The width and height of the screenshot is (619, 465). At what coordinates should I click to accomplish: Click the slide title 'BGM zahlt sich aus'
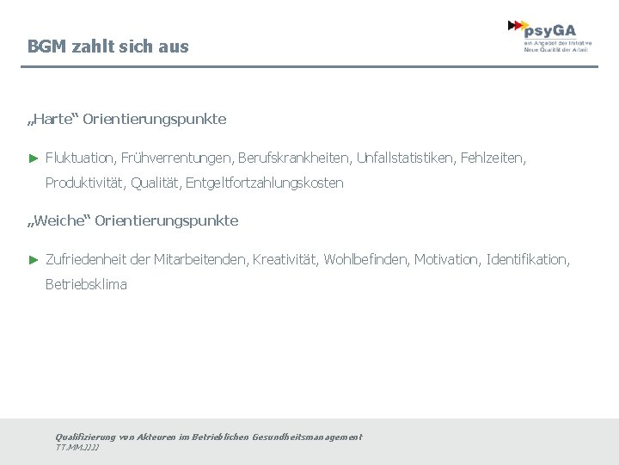coord(107,46)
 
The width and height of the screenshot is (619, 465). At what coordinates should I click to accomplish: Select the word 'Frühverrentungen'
coord(176,158)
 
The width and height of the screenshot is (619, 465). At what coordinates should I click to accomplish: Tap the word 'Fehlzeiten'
coord(492,158)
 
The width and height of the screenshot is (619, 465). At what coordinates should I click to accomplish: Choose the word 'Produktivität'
coord(84,183)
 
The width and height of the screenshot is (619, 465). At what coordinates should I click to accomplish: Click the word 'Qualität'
coord(156,183)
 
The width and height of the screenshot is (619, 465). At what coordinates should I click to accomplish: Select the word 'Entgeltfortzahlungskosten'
coord(264,183)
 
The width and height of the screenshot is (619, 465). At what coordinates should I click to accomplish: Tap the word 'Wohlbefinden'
coord(367,259)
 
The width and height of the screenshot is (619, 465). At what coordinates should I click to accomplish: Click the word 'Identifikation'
coord(526,259)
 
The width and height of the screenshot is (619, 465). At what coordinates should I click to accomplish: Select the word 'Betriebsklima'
coord(86,283)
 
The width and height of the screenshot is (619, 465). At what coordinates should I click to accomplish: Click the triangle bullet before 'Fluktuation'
coord(33,158)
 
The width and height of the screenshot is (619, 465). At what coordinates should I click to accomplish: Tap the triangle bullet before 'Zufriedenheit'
coord(33,259)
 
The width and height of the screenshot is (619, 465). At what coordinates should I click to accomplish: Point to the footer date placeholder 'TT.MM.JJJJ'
coord(77,448)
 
